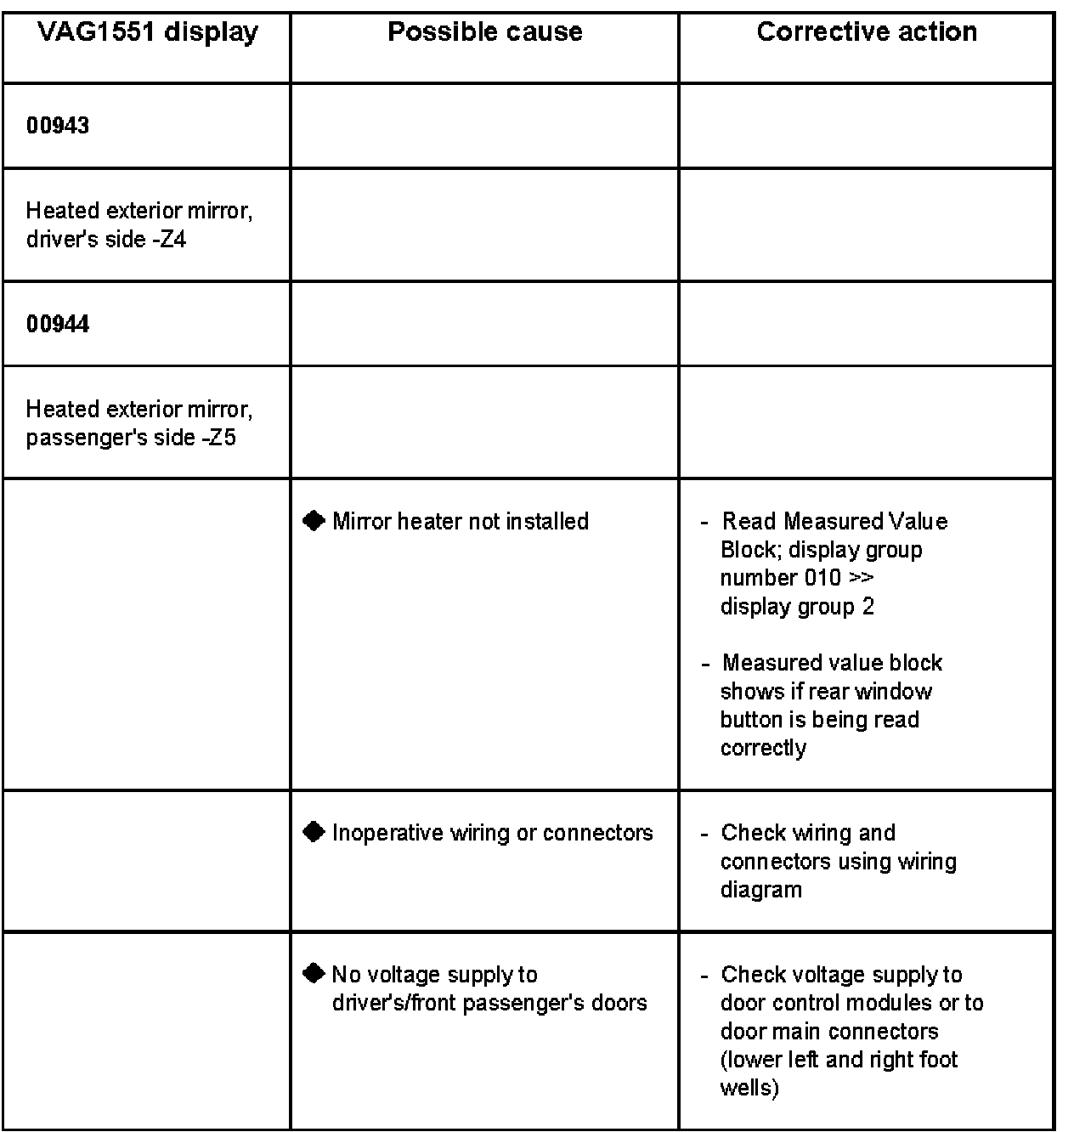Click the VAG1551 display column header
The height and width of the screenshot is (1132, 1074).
point(147,32)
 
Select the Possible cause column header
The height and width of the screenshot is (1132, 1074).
point(484,32)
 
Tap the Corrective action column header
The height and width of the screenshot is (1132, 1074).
point(866,32)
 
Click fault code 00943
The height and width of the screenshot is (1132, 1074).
point(58,126)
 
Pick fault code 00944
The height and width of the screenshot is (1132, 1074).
point(58,324)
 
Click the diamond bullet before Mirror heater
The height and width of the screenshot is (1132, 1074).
point(314,520)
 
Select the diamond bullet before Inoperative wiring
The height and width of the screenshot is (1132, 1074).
point(314,832)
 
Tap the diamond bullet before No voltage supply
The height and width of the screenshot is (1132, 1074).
point(314,973)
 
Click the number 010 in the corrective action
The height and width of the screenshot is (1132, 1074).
point(822,578)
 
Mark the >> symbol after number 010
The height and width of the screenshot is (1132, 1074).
point(862,578)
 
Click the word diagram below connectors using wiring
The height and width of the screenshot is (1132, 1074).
point(760,890)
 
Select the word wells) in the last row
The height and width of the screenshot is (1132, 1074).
point(749,1088)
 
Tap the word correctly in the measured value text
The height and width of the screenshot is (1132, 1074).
point(763,748)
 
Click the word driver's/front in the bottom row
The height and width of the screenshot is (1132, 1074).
point(390,1003)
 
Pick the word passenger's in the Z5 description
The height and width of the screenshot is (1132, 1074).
point(81,439)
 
